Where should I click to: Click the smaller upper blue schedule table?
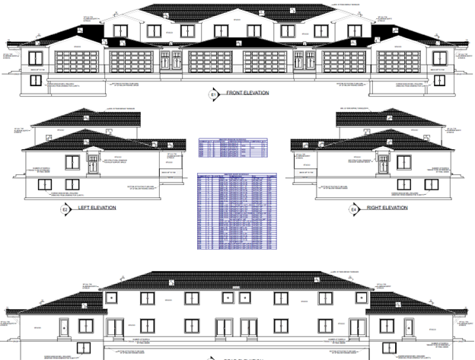pos(233,148)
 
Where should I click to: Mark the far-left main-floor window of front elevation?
pos(35,58)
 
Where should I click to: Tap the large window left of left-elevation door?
pos(74,161)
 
